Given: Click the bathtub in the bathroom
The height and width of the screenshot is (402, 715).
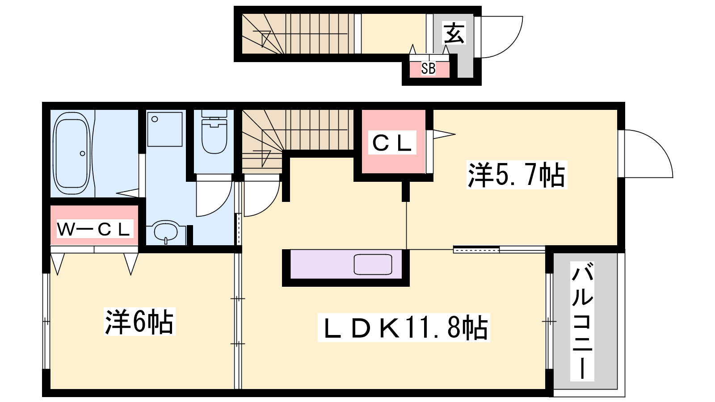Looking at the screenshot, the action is pos(71,153).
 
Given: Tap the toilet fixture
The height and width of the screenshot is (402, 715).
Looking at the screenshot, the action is pos(214,132).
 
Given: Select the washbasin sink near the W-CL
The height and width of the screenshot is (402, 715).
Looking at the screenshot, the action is pos(166,232).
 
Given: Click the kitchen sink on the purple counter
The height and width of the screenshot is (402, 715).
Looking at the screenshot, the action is pos(373,264).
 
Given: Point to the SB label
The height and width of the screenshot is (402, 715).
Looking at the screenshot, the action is pos(428,69).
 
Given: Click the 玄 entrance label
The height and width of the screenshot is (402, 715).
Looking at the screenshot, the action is pos(454,33).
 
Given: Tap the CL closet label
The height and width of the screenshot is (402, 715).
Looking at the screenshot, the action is pos(392,143).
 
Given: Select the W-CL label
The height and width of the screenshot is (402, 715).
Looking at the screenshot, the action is pos(94,229).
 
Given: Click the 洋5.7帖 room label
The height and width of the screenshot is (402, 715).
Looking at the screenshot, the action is pos(517,175).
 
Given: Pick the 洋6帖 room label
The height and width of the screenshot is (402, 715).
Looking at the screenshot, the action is pos(139,322).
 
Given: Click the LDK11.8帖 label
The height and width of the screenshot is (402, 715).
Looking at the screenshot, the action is pos(404,328).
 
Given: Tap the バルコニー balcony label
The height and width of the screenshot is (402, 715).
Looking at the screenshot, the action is pos(582,321).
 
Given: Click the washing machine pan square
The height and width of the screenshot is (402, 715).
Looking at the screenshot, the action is pos(165,129).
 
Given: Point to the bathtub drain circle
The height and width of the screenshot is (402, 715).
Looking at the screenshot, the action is pos(82,154).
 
